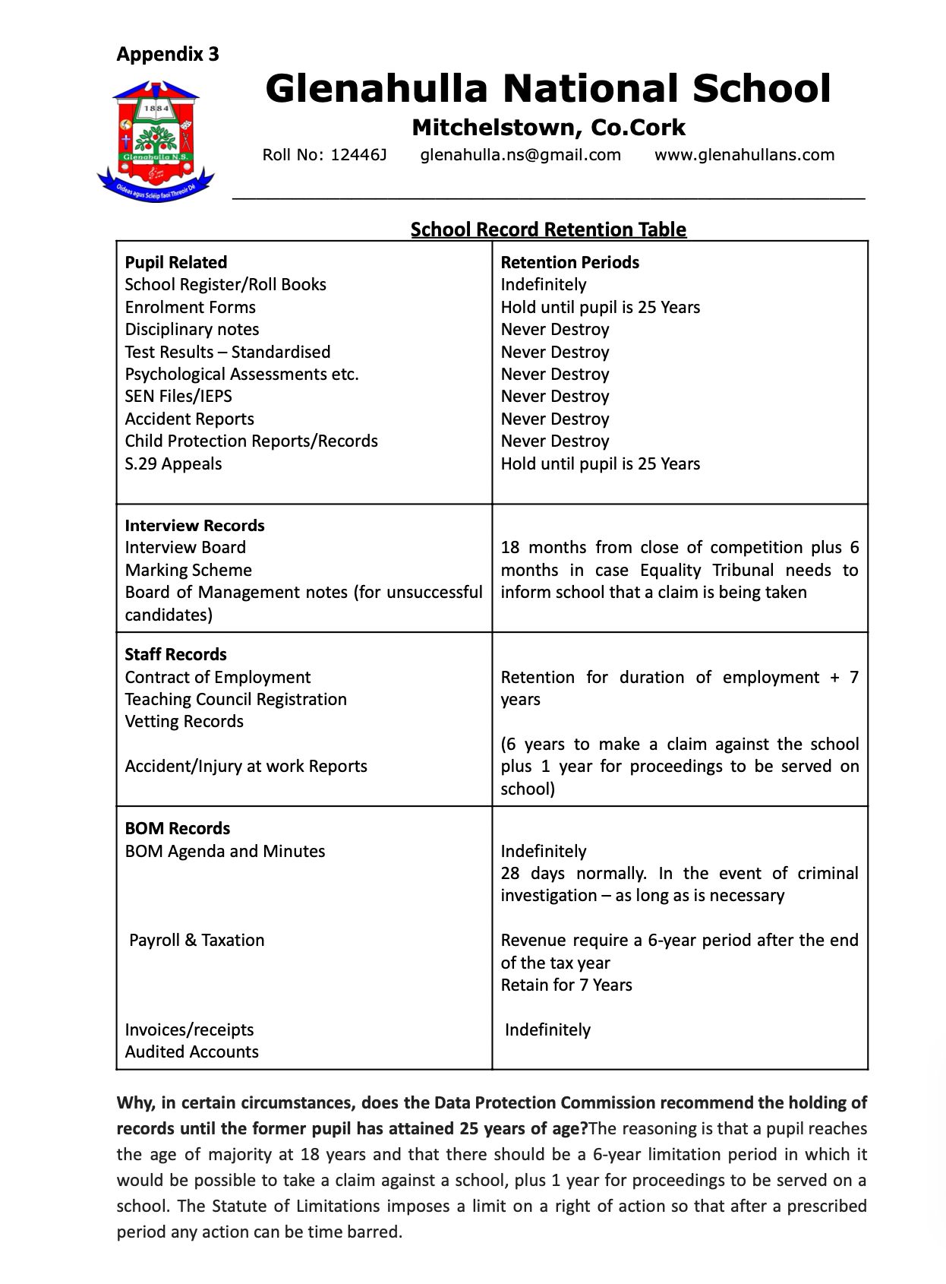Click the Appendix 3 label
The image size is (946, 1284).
point(167,54)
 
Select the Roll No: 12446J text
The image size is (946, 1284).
point(324,155)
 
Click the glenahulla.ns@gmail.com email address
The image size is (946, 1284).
point(520,155)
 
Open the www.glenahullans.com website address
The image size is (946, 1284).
point(744,155)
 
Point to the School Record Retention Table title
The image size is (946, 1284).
point(548,229)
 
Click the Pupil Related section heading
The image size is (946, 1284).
point(175,262)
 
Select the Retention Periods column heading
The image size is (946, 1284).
point(569,262)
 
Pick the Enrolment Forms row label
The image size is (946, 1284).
point(190,307)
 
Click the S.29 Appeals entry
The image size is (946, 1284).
point(173,463)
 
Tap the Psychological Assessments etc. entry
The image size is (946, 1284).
point(241,374)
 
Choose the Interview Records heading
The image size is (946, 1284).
point(194,525)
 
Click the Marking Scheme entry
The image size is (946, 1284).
point(188,570)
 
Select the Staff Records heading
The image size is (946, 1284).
point(175,654)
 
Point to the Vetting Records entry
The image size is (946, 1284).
point(184,721)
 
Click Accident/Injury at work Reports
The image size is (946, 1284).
point(246,766)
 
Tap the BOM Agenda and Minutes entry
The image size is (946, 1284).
point(225,851)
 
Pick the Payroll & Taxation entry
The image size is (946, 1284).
point(197,940)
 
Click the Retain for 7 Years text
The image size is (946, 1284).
point(566,985)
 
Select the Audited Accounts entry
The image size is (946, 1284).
point(191,1052)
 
